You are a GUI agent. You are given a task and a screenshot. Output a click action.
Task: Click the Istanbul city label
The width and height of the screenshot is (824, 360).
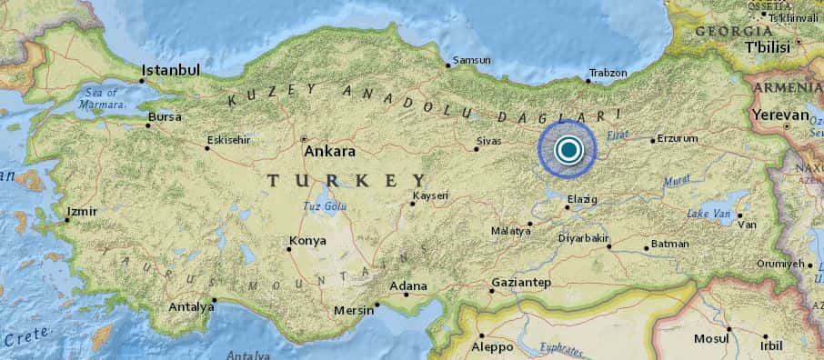click(170, 70)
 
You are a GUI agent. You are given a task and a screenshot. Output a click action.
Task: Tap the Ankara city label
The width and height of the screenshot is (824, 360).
click(329, 152)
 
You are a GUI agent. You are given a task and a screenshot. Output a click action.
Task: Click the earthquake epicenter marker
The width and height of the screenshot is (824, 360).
click(568, 150)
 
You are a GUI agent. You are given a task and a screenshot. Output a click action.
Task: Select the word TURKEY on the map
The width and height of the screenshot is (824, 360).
click(347, 181)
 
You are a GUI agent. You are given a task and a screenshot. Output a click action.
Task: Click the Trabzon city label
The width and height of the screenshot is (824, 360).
click(608, 73)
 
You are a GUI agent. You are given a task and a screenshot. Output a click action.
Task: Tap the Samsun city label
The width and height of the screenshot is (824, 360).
click(473, 61)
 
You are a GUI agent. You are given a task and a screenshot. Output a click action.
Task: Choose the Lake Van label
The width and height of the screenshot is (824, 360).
click(709, 213)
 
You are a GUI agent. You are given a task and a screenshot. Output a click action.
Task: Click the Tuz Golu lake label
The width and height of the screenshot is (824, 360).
click(325, 206)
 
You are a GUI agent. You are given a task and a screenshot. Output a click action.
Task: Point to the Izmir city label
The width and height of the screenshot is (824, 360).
click(85, 212)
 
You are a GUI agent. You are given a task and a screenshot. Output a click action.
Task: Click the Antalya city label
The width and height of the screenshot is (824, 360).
click(191, 306)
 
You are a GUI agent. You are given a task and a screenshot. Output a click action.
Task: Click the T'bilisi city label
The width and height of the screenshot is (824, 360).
click(769, 46)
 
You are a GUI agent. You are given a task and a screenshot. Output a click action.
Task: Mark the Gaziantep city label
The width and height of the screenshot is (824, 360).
click(521, 283)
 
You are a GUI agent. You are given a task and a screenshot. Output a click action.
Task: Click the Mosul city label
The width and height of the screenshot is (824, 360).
click(711, 338)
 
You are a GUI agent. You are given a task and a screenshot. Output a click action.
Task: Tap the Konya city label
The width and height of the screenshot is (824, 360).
click(306, 242)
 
